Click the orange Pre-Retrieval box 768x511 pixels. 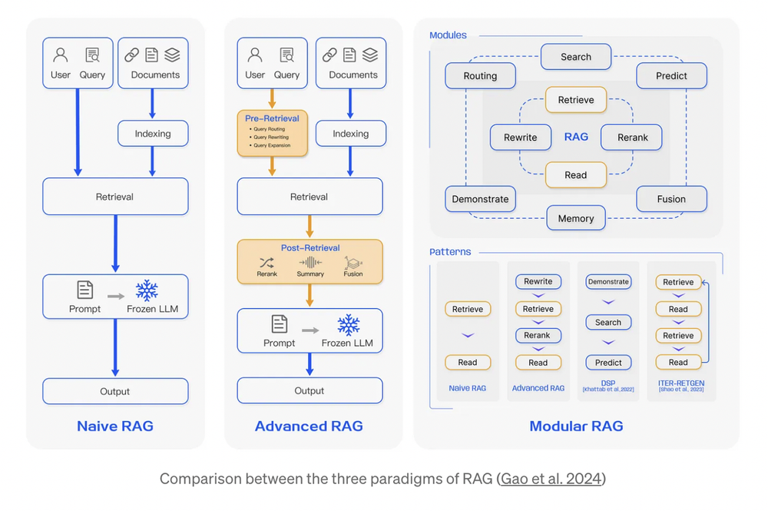click(x=273, y=132)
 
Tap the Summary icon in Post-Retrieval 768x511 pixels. click(x=310, y=262)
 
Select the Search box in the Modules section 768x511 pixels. click(x=576, y=57)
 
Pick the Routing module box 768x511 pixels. click(x=480, y=75)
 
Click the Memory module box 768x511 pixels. click(x=576, y=218)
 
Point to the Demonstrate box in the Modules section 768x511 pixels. click(x=480, y=199)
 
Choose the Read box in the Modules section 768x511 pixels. click(x=576, y=175)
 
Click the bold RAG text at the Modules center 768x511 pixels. click(x=576, y=137)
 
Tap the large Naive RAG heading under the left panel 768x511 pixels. click(x=115, y=426)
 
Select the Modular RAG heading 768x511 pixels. click(x=576, y=426)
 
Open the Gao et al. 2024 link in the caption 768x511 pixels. click(x=551, y=479)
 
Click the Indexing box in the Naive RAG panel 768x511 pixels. click(x=153, y=133)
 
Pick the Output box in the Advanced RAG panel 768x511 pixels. click(x=310, y=391)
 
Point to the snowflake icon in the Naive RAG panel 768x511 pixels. click(x=147, y=290)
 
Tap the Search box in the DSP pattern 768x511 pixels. click(x=608, y=323)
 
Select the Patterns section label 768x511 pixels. click(x=450, y=251)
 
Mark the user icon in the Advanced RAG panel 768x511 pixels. click(x=255, y=55)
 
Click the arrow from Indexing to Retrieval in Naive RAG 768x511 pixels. click(x=153, y=161)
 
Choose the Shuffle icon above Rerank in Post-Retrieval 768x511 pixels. click(x=267, y=262)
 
